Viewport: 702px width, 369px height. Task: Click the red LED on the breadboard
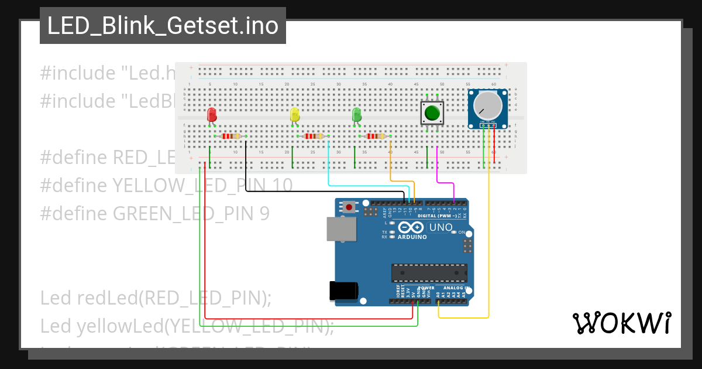(212, 114)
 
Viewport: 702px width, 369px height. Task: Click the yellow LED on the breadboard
(295, 114)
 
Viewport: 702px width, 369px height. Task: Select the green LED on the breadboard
(356, 114)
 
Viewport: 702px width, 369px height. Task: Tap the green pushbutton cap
(432, 112)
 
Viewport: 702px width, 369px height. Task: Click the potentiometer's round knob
(487, 105)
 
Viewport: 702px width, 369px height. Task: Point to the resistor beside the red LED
(231, 136)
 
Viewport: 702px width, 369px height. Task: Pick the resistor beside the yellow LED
(314, 136)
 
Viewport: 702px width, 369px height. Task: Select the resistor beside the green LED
(375, 136)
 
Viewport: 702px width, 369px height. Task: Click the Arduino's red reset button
(350, 207)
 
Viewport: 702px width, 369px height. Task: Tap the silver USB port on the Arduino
(340, 229)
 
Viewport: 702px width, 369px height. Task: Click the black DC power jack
(343, 291)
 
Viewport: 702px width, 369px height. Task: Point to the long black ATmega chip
(429, 272)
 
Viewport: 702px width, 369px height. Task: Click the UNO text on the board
(441, 227)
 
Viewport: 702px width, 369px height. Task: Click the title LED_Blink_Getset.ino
(163, 26)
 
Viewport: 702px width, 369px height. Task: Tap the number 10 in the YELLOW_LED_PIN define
(282, 186)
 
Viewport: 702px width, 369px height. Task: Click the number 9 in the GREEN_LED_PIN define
(264, 213)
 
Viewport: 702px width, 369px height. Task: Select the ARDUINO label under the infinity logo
(413, 237)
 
